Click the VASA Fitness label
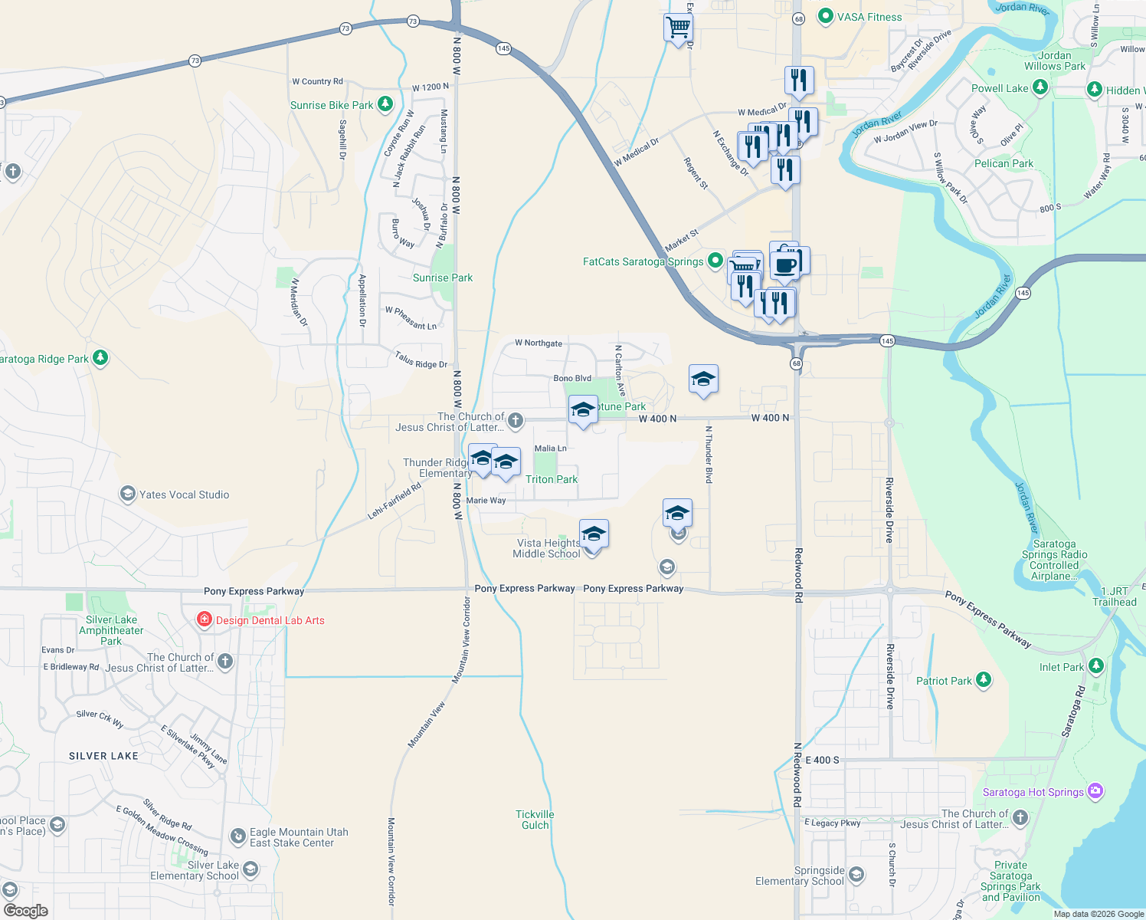point(869,17)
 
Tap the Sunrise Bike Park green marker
point(385,103)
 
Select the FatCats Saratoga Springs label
point(643,261)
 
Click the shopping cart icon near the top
point(678,28)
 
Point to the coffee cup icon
point(784,265)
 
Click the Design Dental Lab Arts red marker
point(204,619)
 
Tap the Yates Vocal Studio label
point(184,495)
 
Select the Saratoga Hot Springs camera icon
point(1095,790)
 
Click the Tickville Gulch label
point(535,820)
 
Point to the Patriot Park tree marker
point(984,679)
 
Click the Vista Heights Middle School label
point(547,548)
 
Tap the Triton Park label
point(552,479)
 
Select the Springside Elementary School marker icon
point(856,875)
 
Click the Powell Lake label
point(1000,88)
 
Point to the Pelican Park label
point(1004,163)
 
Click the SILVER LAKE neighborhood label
point(103,756)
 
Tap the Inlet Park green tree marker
point(1096,665)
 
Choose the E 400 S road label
point(822,760)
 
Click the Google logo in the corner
point(26,910)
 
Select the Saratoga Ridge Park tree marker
point(100,357)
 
